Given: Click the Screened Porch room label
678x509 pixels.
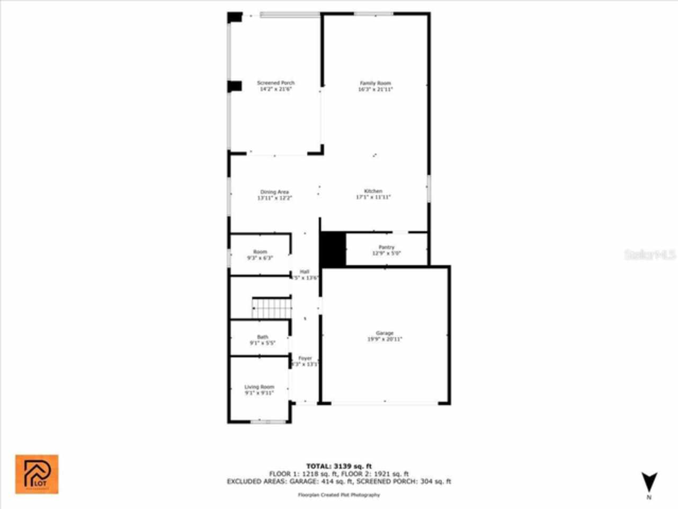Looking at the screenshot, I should pos(275,83).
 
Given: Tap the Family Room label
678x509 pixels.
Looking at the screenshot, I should pos(375,83).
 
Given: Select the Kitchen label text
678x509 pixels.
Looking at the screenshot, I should pos(373,191).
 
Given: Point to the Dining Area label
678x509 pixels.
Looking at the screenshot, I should pos(274,192).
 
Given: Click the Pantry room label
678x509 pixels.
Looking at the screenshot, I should pos(386,247).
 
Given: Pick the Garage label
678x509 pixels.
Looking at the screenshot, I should pos(385,333).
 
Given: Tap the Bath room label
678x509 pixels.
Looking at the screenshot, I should pos(263,337).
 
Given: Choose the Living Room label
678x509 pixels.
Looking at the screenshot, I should pos(260,387).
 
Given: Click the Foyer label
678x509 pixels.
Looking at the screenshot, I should pos(305,358).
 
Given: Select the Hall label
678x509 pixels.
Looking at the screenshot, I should pos(305,271).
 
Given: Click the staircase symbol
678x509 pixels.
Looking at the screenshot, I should pos(272,309).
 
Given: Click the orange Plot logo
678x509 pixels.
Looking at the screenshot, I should pos(37,474).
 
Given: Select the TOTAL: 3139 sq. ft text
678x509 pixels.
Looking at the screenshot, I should pos(339,467).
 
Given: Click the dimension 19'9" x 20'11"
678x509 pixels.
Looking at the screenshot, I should pos(385,339).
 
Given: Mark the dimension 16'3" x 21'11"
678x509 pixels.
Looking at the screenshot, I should pos(375,90).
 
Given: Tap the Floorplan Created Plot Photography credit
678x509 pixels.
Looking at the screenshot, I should pos(339,495).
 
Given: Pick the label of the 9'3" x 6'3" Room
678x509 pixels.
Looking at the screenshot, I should pos(260,252).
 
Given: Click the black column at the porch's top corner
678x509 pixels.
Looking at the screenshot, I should pos(235,17).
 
